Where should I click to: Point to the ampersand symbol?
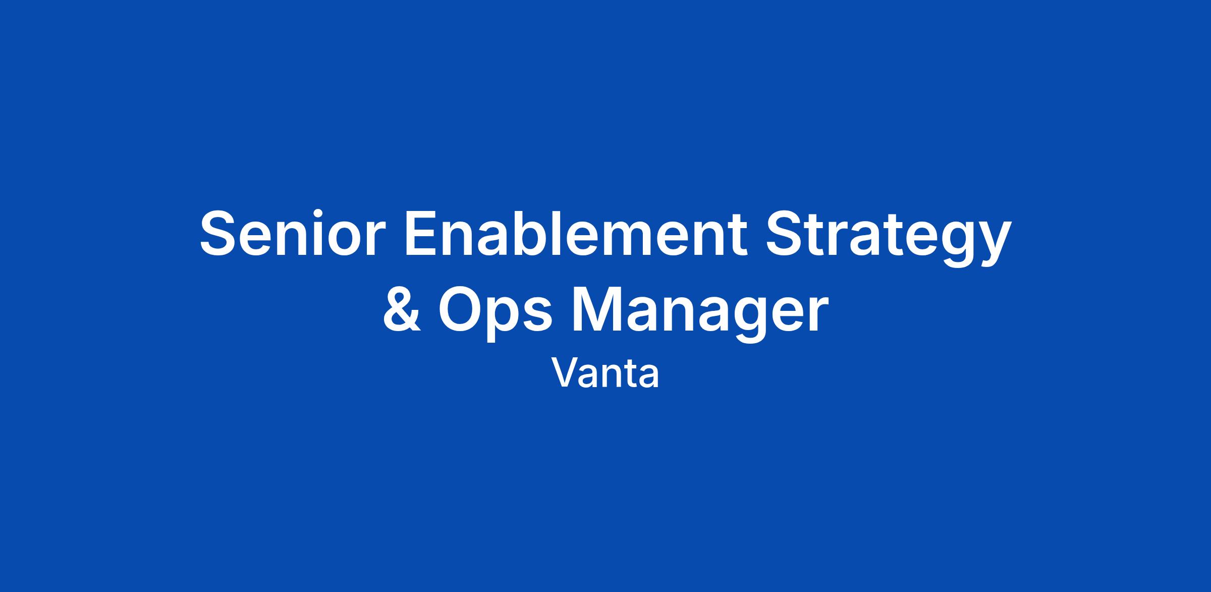402,309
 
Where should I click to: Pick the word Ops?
494,312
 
